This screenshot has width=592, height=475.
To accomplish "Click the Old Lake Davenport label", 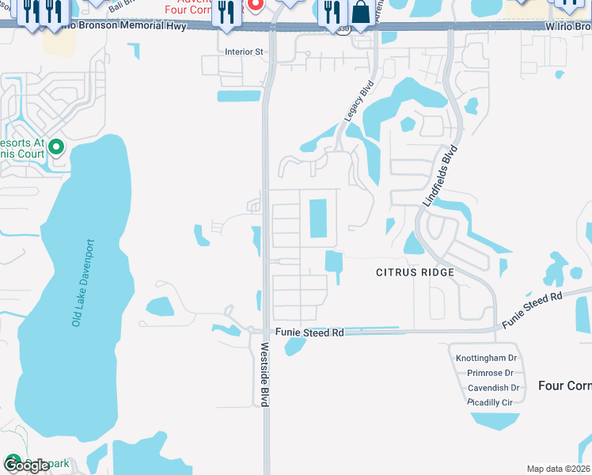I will point(83,283).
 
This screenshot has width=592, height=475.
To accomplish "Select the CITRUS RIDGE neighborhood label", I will point(415,272).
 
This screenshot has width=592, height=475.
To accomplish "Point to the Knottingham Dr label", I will point(486,358).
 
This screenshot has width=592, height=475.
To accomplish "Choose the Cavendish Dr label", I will point(493,388).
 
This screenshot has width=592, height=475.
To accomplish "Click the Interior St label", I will point(244,51).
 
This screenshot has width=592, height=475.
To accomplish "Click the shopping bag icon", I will point(360,13).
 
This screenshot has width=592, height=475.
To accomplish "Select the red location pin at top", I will point(256,5).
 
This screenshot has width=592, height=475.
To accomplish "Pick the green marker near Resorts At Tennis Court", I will point(56,146).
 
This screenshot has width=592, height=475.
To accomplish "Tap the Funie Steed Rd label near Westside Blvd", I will point(309,333).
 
